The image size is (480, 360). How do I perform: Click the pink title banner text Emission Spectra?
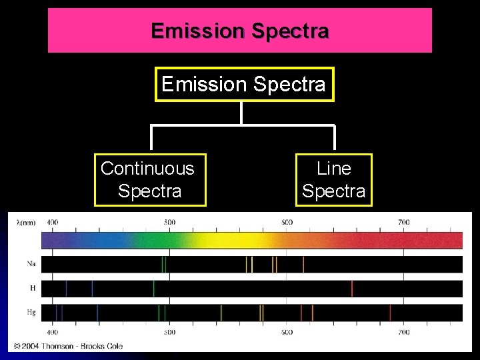239,31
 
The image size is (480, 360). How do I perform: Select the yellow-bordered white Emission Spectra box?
243,84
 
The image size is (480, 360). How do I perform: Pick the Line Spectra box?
333,180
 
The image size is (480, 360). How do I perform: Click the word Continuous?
147,169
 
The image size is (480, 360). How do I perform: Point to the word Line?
333,169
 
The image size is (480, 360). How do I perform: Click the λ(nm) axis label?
26,222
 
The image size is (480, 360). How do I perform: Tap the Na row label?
31,264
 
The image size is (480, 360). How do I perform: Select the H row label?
31,288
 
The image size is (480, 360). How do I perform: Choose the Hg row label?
31,312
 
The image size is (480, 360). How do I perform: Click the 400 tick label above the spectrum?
53,222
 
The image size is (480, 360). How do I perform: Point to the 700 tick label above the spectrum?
403,222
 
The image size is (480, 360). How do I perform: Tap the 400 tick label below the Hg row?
53,331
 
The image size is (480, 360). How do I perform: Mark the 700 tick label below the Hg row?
403,331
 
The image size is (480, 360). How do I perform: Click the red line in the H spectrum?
352,288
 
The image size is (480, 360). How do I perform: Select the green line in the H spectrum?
154,288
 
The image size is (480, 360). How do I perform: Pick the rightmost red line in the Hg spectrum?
390,312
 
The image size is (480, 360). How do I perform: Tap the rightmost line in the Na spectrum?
303,264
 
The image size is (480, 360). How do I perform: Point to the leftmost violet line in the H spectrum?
66,288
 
